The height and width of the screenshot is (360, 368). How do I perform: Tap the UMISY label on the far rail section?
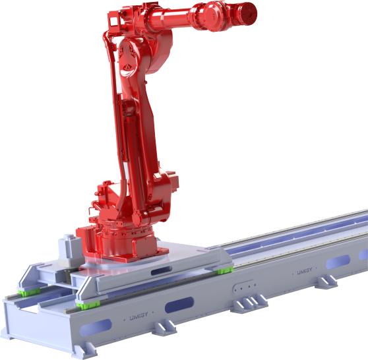coord(304,271)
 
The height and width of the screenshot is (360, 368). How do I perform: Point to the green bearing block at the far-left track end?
coord(26,292)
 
